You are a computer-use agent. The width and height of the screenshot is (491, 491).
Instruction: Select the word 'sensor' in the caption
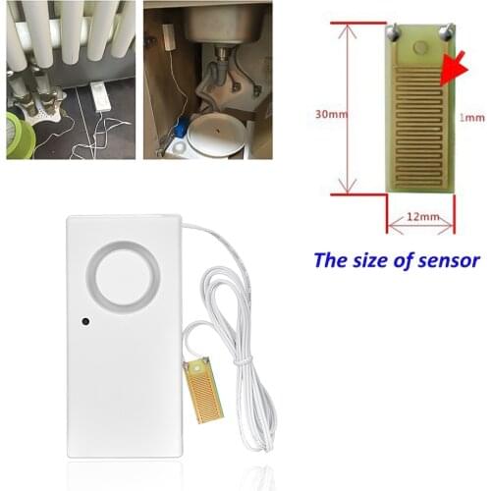pyautogui.click(x=446, y=262)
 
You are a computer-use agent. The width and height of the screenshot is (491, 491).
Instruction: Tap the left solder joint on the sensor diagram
pyautogui.click(x=391, y=32)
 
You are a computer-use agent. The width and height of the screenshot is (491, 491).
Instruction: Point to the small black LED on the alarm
pyautogui.click(x=85, y=320)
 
